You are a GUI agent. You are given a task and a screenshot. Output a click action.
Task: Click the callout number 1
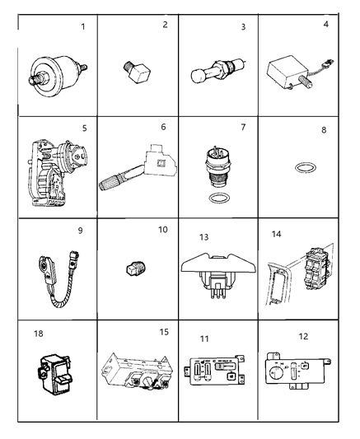point(82,26)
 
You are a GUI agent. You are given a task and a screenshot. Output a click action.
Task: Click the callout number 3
point(243,27)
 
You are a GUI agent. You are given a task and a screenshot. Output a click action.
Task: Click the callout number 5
point(85,128)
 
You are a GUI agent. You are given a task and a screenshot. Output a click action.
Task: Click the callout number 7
point(243,128)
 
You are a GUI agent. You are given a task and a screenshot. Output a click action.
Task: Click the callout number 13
point(201,238)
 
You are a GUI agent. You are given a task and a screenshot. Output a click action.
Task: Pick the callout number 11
point(203,339)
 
